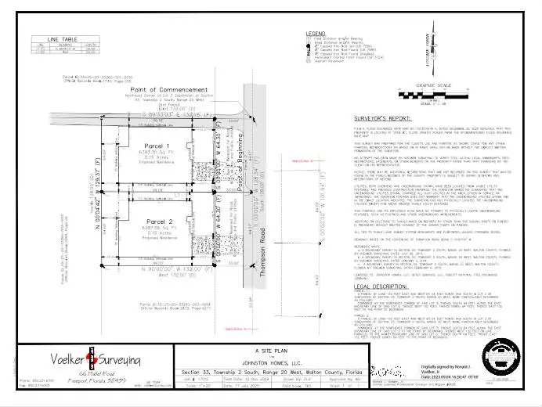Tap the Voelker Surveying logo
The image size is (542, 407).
[92, 362]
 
